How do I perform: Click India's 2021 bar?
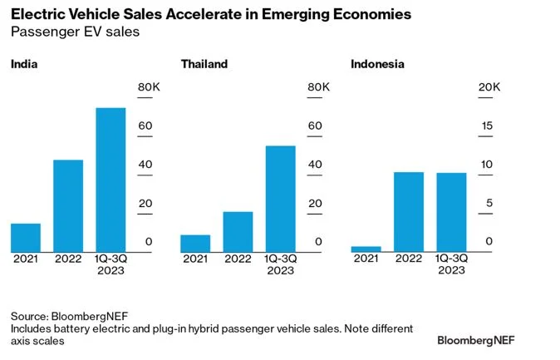point(26,238)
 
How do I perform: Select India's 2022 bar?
point(68,206)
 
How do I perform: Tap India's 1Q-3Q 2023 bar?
point(111,180)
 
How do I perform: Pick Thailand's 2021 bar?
point(195,244)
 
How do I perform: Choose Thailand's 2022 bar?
point(238,232)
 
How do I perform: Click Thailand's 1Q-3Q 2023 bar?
point(280,199)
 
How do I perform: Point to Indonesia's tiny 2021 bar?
point(366,249)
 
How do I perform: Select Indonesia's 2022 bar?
point(409,212)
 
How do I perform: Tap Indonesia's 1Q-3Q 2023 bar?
point(451,212)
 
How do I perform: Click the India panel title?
point(24,64)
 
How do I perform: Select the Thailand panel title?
point(204,64)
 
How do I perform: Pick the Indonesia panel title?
point(378,64)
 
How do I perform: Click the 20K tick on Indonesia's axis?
point(489,87)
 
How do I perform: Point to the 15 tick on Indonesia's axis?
point(489,126)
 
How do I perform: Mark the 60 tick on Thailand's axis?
point(315,126)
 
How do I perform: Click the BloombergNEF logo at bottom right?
point(485,340)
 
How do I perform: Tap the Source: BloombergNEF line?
point(62,316)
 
